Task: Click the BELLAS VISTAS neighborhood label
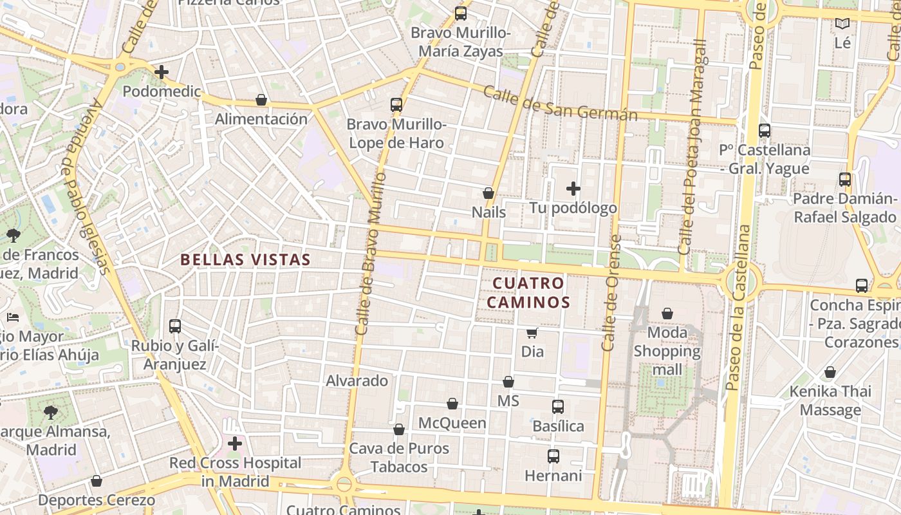point(245,260)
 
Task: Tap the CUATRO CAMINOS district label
point(528,293)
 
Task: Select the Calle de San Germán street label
point(560,104)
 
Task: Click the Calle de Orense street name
point(611,293)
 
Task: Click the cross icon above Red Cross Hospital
point(235,444)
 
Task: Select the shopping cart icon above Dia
point(532,333)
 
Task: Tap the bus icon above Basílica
point(558,407)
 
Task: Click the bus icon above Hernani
point(553,456)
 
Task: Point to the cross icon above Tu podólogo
point(573,189)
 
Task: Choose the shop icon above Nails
point(488,193)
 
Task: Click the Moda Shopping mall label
point(667,351)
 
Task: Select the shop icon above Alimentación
point(261,100)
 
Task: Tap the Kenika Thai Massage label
point(830,400)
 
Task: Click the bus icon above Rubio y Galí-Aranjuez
point(175,326)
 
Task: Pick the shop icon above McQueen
point(452,404)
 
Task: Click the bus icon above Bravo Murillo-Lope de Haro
point(396,104)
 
